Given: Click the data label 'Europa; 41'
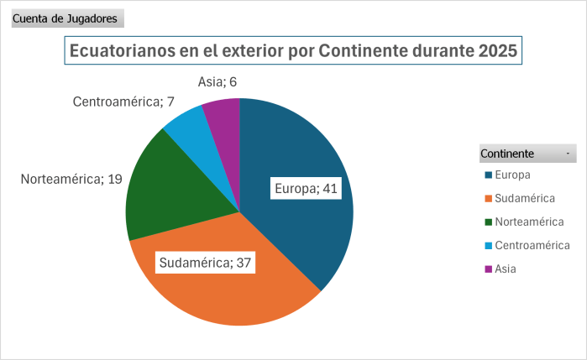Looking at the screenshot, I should pos(306,189).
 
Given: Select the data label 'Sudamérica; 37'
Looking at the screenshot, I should pos(207,263).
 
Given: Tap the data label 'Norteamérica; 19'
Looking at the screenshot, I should pos(71,179).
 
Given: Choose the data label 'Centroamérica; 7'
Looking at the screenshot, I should pos(123,102).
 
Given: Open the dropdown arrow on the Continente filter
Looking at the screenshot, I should pos(569,154).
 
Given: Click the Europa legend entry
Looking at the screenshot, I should pos(511,175).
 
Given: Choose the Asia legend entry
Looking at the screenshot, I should pos(505,269).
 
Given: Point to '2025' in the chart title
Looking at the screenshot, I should pos(498,50).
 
